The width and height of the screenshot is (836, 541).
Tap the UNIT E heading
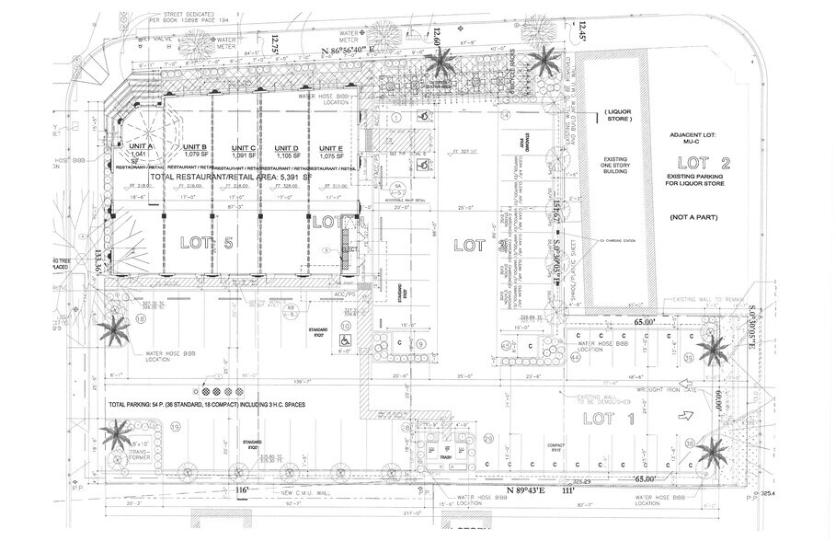point(331,148)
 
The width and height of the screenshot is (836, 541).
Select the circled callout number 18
point(141,318)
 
